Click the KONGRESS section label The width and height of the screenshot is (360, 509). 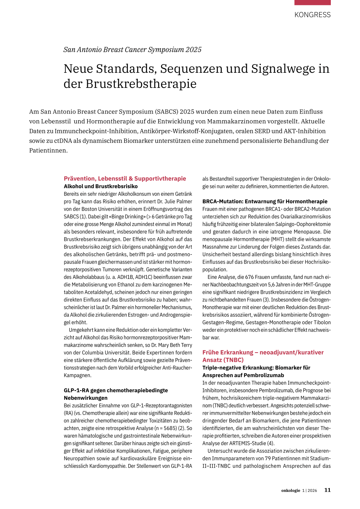coord(313,15)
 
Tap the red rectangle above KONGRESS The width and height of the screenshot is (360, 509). coord(313,2)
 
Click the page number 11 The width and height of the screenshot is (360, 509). coord(327,490)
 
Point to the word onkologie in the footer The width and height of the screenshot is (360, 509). coord(290,490)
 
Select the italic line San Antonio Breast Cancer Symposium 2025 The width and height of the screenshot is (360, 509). coord(132,50)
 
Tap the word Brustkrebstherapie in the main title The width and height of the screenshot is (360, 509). coord(141,84)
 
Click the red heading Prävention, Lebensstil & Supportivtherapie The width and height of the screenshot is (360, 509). coord(125,179)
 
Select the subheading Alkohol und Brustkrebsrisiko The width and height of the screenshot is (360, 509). coord(101,186)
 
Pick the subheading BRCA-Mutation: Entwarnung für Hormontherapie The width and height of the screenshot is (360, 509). coord(265,201)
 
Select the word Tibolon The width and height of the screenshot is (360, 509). coord(321,322)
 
